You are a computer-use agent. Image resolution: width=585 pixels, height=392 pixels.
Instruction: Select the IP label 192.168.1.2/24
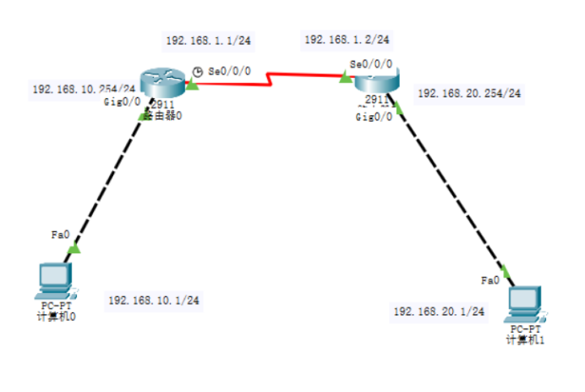pos(347,39)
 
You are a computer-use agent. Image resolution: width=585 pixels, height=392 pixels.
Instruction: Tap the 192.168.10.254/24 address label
pos(83,89)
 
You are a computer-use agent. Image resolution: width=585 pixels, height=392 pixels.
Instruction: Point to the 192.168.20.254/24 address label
pos(469,93)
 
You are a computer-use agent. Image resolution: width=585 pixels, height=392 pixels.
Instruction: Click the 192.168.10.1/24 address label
pos(154,301)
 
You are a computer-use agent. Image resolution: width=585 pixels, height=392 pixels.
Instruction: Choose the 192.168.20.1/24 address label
pos(440,312)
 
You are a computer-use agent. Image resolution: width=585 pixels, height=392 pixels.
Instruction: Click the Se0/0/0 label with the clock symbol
pos(228,70)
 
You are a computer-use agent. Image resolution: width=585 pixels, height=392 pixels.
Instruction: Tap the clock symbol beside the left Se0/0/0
pos(198,71)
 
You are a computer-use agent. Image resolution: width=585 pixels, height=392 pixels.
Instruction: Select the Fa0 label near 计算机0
pos(59,235)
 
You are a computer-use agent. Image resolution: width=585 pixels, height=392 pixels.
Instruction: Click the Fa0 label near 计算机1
pos(489,280)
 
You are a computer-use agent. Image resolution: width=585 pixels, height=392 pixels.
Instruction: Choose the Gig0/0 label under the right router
pos(373,118)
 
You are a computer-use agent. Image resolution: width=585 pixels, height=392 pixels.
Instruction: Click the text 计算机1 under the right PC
pos(524,340)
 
